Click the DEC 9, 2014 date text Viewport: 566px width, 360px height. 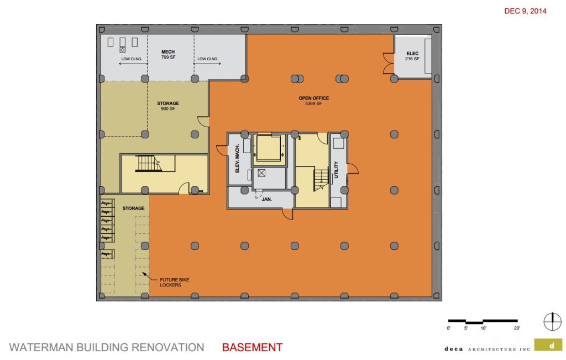[525, 11]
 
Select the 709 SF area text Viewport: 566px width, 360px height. [168, 57]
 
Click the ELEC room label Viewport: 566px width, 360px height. [412, 53]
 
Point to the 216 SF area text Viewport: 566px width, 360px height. [412, 59]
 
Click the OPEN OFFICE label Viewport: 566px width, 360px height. [313, 98]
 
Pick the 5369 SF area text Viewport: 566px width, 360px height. [313, 104]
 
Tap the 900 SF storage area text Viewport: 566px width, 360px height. [168, 109]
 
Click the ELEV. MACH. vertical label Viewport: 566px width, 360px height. [237, 159]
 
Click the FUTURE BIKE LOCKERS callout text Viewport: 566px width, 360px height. [175, 282]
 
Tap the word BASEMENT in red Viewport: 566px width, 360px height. [252, 348]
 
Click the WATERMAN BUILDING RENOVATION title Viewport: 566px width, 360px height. [107, 348]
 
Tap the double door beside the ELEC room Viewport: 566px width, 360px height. [387, 62]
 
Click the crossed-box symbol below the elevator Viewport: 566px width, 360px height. [262, 173]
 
